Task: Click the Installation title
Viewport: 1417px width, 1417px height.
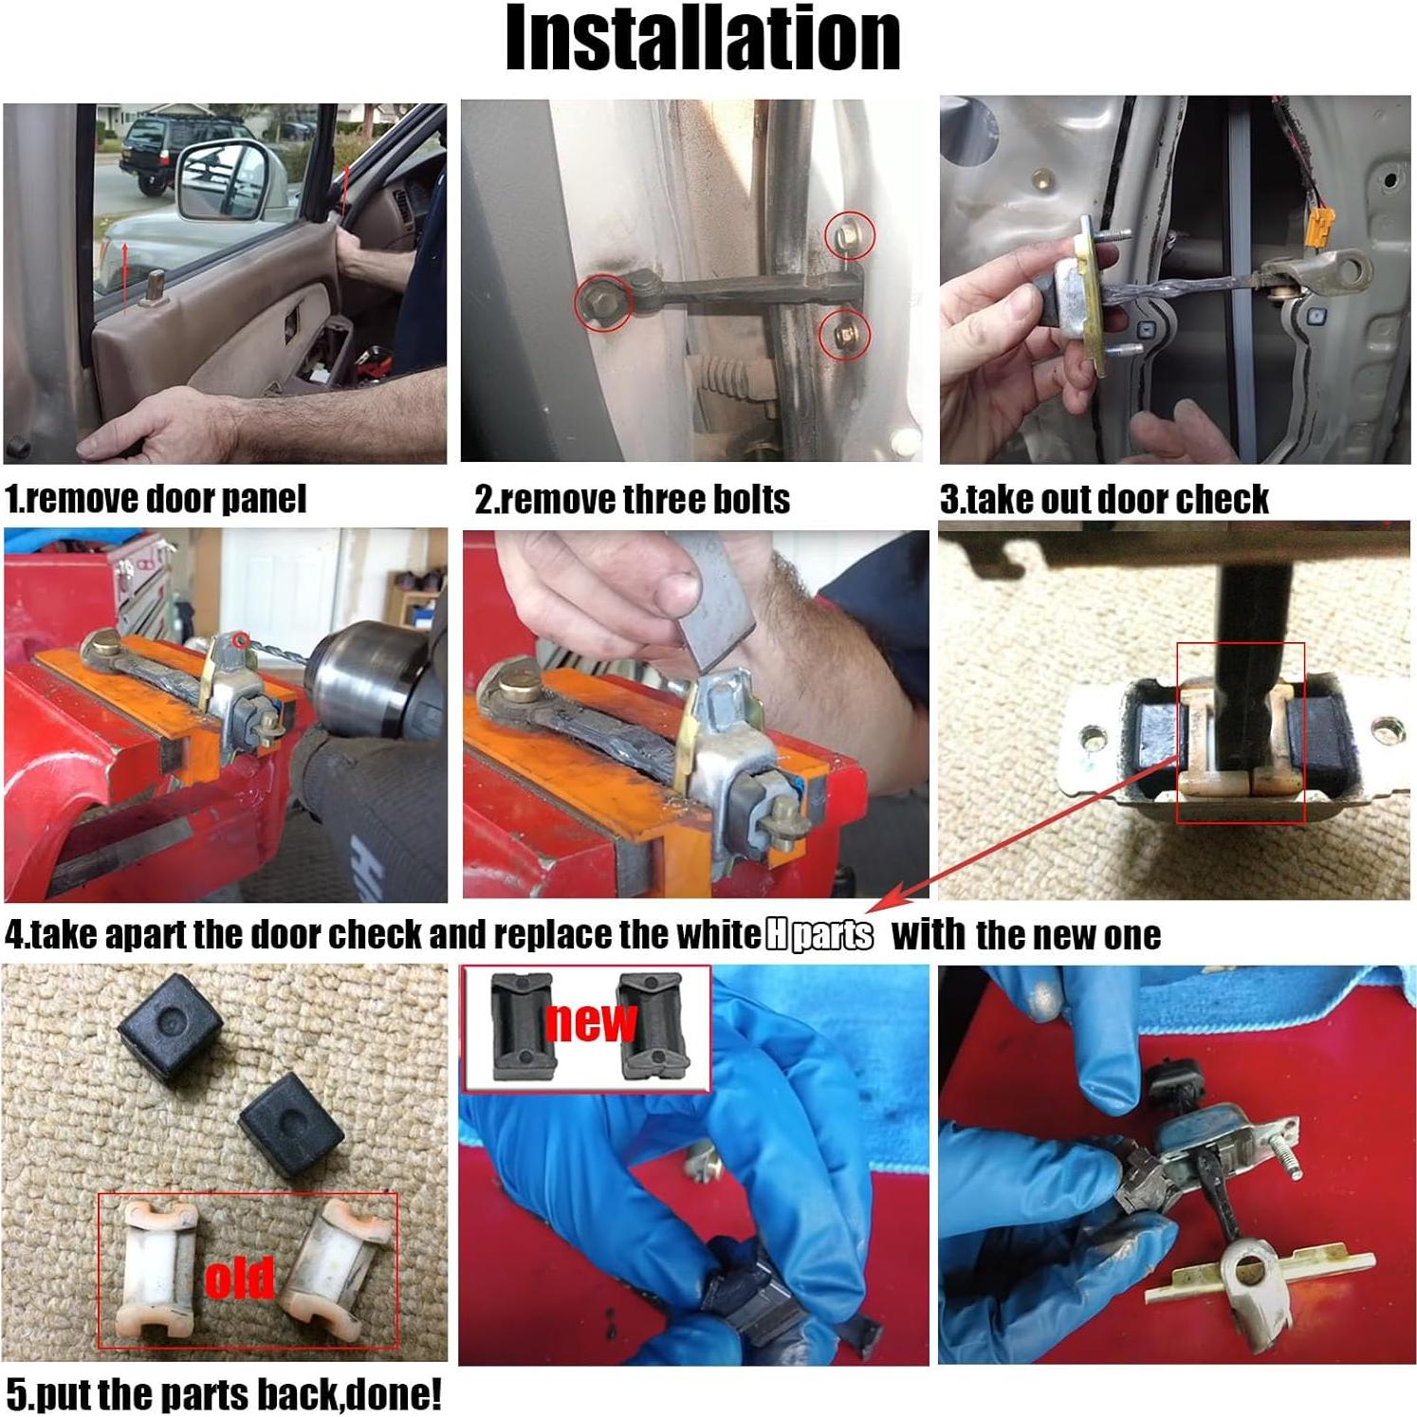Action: tap(703, 40)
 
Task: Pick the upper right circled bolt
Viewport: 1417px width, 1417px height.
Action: tap(848, 234)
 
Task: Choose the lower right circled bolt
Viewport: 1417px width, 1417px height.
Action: tap(845, 333)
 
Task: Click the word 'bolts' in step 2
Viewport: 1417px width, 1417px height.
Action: tap(750, 500)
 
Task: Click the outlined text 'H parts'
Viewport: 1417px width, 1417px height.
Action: tap(819, 935)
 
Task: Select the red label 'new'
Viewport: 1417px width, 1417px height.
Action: tap(591, 1021)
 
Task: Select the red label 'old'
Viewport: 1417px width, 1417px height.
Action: tap(240, 1278)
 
